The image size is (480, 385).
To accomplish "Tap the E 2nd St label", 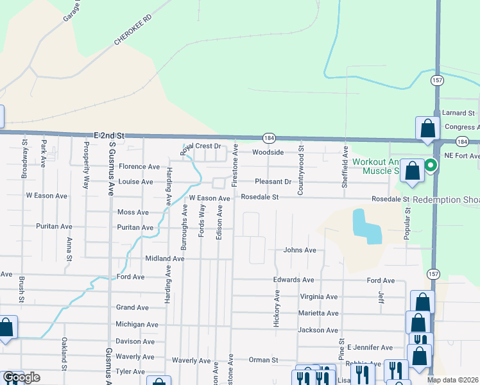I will click(x=108, y=136).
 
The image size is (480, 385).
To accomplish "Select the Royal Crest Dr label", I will click(x=200, y=147).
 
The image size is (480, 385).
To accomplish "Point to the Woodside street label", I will click(x=268, y=153).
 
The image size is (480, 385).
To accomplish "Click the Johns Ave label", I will click(x=300, y=250).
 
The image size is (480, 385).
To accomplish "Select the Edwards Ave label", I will click(x=293, y=280).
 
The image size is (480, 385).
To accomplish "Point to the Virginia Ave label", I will click(x=318, y=297).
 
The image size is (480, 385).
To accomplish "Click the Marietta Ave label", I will click(x=318, y=314).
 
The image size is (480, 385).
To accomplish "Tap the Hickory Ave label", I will click(x=277, y=308).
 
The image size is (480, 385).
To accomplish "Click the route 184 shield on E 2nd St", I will click(x=268, y=139).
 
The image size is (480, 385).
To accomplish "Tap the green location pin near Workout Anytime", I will click(x=431, y=166).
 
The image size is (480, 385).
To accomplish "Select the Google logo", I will click(x=22, y=378).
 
